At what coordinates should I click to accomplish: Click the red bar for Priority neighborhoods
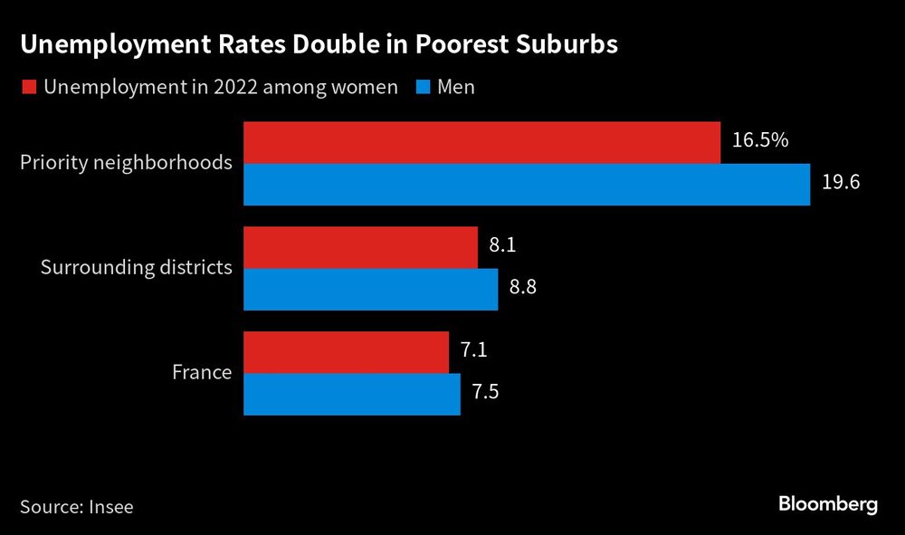click(x=482, y=142)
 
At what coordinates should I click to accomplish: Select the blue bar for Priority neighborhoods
click(x=527, y=185)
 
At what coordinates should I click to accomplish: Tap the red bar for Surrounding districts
click(x=361, y=247)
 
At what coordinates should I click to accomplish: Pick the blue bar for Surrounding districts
click(x=371, y=290)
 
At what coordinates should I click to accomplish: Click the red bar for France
click(x=347, y=352)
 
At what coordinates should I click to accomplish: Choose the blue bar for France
click(x=352, y=394)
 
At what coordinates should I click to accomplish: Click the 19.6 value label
click(x=840, y=183)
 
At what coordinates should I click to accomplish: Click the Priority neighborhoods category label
click(x=126, y=163)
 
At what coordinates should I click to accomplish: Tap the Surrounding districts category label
click(x=136, y=268)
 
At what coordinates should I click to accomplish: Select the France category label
click(x=202, y=372)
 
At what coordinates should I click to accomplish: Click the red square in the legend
click(x=27, y=88)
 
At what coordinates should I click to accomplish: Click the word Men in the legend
click(x=456, y=87)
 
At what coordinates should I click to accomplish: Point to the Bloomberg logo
click(x=827, y=504)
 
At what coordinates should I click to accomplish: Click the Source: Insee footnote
click(x=76, y=506)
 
